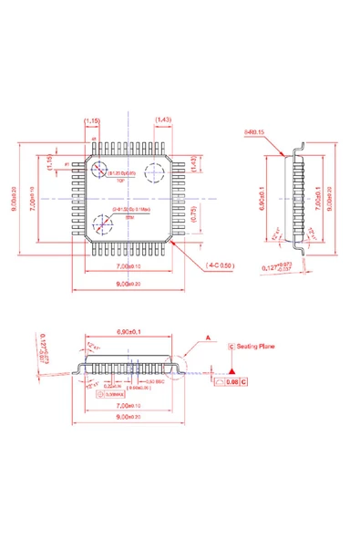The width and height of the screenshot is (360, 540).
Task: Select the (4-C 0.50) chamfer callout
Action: pos(221,265)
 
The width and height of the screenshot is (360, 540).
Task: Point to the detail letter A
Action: pos(208,337)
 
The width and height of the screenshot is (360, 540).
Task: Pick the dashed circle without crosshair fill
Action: pos(156,173)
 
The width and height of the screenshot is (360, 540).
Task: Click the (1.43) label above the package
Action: pos(164,120)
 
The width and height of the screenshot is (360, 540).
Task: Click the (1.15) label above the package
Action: pos(92,120)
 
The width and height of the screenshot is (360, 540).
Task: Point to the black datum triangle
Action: pos(233,374)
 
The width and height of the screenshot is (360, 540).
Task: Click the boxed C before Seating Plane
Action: pos(231,347)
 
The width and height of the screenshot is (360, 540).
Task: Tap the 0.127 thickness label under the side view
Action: pos(271,268)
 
